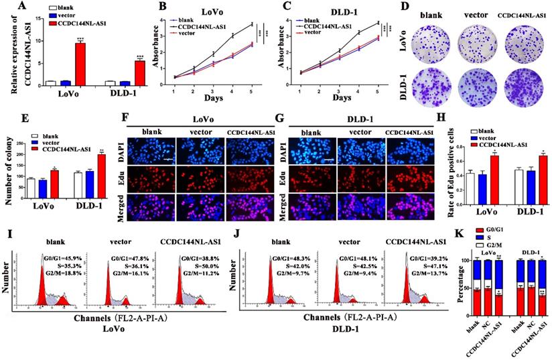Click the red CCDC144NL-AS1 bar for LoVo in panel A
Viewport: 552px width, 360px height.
coord(80,64)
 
